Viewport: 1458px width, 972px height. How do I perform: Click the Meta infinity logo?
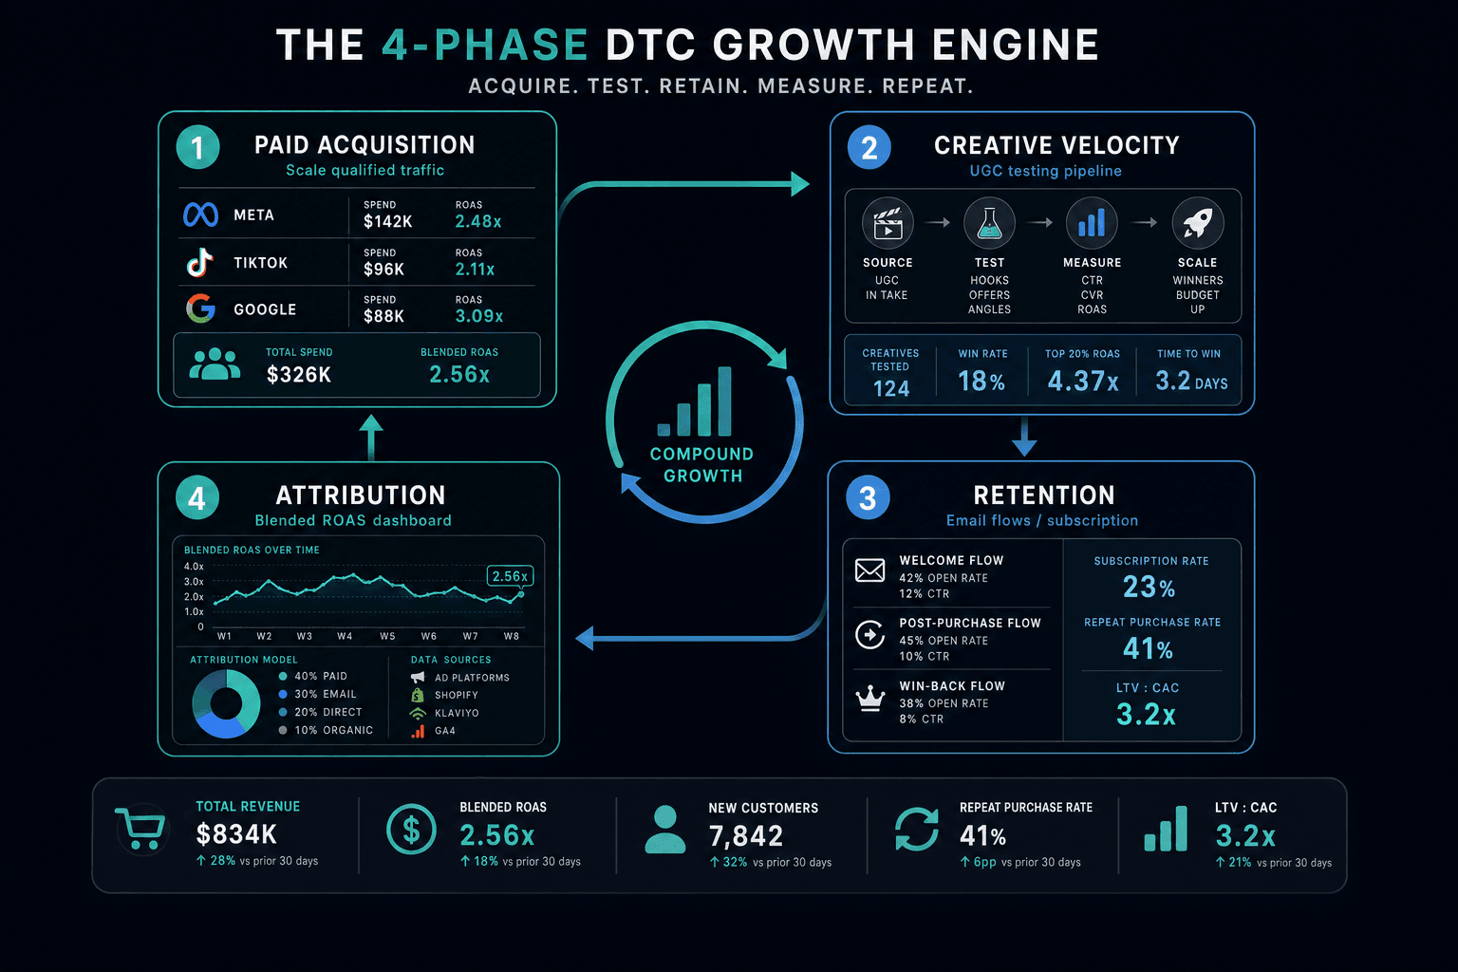tap(200, 215)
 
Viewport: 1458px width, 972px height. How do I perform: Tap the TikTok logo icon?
tap(200, 262)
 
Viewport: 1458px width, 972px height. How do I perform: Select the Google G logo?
tap(200, 308)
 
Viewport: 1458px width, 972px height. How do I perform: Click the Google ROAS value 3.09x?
tap(479, 316)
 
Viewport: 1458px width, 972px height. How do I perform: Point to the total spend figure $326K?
tap(299, 374)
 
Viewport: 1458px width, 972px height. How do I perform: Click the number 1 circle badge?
tap(197, 147)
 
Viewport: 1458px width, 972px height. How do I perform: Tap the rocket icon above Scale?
tap(1198, 223)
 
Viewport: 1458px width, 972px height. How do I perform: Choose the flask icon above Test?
tap(989, 223)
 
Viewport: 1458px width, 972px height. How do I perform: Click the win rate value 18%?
tap(981, 381)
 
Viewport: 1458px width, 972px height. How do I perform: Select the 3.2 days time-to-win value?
tap(1191, 381)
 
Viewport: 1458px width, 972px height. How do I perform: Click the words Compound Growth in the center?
tap(702, 465)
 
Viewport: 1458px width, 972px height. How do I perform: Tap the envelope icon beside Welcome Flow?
tap(869, 570)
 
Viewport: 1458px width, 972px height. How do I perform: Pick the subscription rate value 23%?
tap(1149, 588)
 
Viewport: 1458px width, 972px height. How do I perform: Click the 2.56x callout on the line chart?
tap(510, 576)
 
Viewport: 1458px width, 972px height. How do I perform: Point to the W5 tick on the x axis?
tap(387, 636)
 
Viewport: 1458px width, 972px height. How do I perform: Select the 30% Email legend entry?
tap(318, 694)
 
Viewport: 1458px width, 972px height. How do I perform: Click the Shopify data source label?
tap(457, 696)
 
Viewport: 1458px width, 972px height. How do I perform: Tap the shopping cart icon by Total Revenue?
tap(140, 829)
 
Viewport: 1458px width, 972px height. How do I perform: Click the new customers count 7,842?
tap(745, 836)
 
